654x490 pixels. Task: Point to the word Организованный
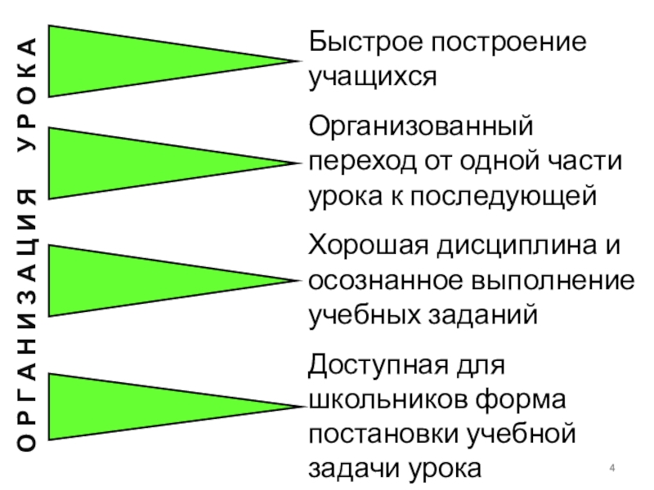click(421, 127)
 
